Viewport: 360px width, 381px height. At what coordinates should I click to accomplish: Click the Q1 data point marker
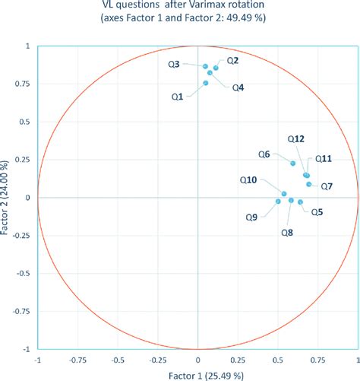(206, 83)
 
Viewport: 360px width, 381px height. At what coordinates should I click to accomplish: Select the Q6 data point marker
(293, 164)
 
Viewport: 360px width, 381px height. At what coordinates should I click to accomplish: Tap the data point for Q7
(308, 184)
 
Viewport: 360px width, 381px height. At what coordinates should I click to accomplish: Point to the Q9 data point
(278, 202)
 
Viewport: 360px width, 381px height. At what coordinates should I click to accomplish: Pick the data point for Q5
(301, 202)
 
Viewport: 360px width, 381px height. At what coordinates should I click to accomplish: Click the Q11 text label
(324, 159)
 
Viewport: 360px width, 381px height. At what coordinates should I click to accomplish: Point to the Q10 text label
(248, 180)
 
